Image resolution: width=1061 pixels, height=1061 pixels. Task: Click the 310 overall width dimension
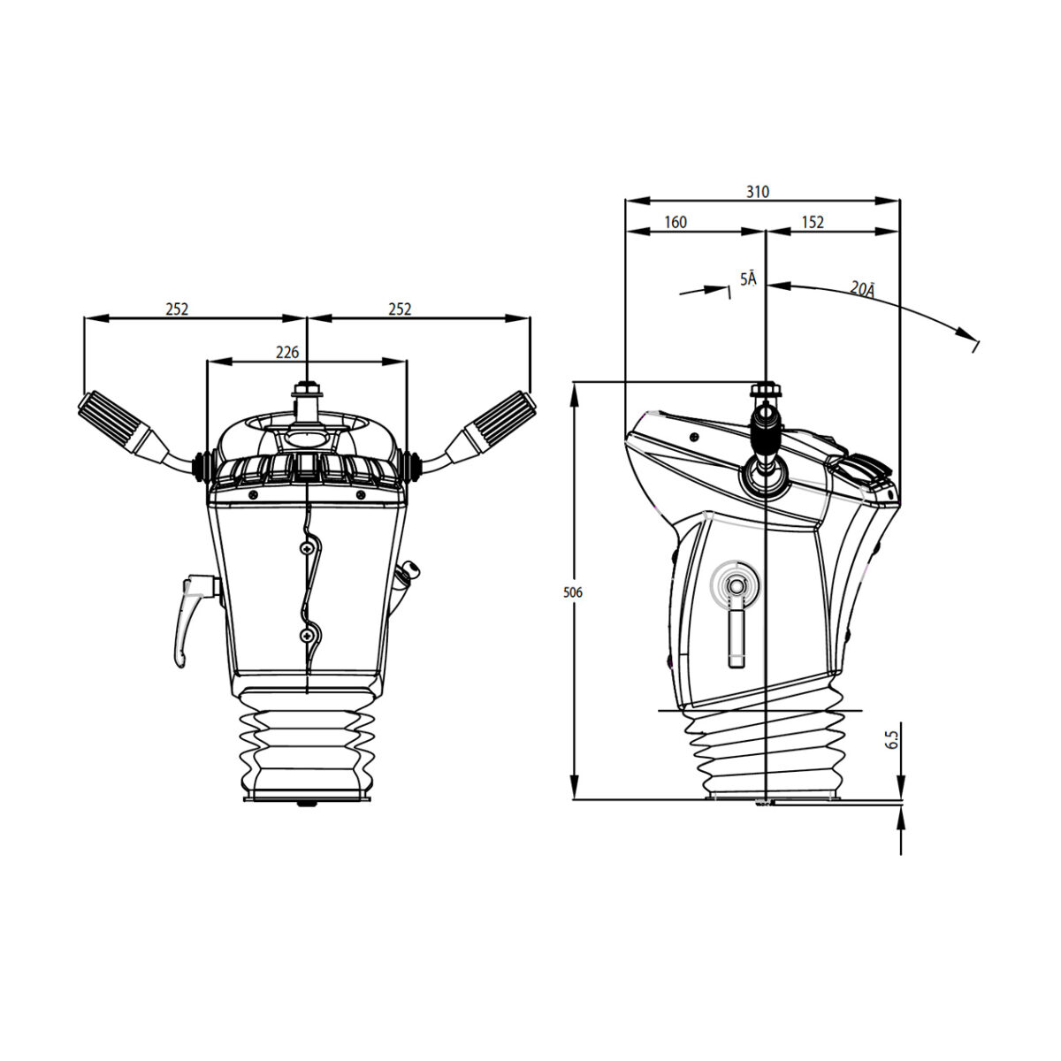[x=757, y=192]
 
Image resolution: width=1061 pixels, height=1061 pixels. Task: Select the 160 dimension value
[x=675, y=222]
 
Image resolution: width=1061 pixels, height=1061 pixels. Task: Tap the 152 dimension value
[x=813, y=222]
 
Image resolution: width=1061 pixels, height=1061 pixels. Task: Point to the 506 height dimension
[x=573, y=592]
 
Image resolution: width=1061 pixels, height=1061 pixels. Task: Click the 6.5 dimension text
[x=892, y=739]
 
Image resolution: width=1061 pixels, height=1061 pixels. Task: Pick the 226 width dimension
[x=286, y=352]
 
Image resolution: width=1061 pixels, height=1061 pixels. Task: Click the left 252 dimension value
[x=177, y=309]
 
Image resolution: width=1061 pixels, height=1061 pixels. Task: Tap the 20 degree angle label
[x=862, y=289]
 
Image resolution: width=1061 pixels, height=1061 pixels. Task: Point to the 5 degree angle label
[x=748, y=279]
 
